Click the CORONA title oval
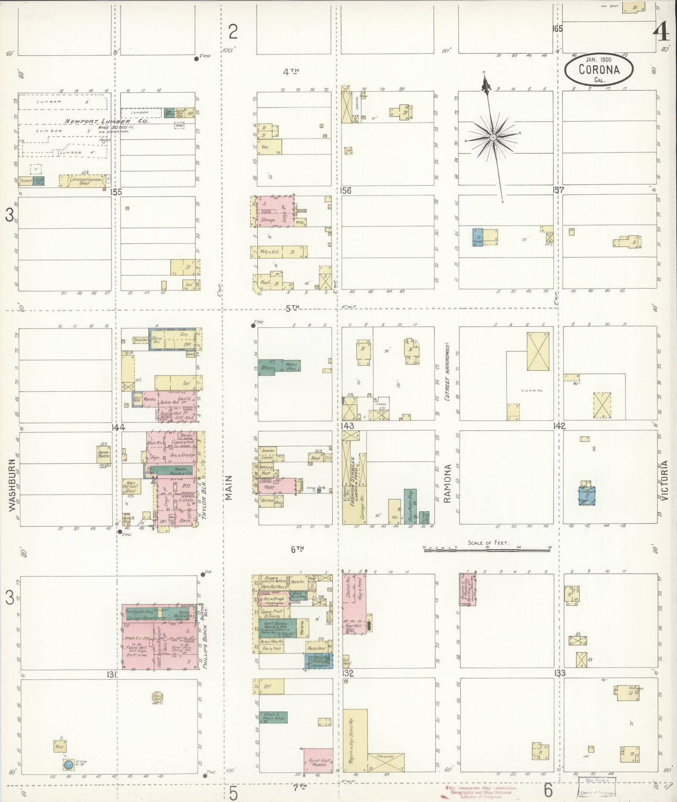click(599, 70)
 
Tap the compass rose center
click(493, 137)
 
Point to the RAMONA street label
click(447, 483)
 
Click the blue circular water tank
click(68, 766)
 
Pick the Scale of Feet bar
click(487, 550)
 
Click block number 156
click(347, 191)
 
